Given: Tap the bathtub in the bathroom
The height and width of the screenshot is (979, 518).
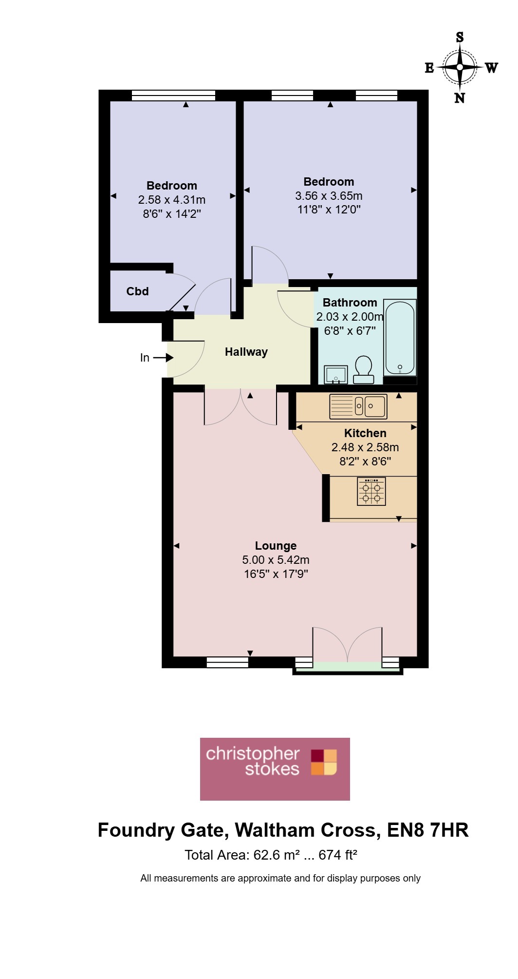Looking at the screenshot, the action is [400, 338].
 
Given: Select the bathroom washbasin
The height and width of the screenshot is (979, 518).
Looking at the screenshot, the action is [336, 375].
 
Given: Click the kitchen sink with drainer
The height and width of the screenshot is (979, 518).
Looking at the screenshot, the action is [358, 406].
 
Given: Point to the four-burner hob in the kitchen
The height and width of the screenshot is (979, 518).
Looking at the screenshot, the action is [371, 491].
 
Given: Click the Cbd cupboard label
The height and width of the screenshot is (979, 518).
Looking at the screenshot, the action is [137, 291].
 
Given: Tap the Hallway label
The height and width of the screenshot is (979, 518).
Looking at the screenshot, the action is [246, 352].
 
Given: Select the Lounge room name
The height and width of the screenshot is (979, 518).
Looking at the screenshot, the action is [276, 546].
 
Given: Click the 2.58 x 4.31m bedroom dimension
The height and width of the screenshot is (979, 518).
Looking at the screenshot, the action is [172, 200].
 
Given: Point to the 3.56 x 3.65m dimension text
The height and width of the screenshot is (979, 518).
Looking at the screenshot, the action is [329, 196].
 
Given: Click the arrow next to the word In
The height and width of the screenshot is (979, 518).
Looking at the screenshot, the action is [163, 358].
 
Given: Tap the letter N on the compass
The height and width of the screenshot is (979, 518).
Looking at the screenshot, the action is [460, 98].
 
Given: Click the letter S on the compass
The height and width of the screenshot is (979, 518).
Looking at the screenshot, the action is [460, 37].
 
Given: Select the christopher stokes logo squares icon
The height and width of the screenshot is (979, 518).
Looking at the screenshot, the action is [324, 762].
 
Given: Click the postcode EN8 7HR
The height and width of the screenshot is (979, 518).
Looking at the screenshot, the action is [428, 830].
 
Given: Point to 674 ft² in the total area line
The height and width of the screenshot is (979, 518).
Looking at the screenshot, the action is [338, 855].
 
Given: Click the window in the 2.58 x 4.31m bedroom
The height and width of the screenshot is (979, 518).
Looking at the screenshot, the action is [173, 96].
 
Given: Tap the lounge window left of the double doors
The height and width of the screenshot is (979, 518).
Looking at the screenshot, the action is [227, 662].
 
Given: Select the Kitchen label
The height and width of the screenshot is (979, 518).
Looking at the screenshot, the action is [365, 433].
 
